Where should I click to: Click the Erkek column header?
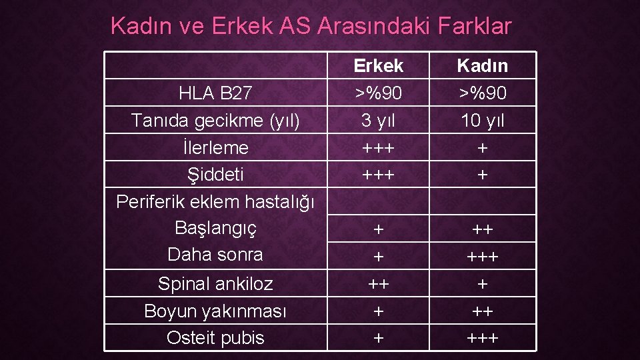[x=378, y=66]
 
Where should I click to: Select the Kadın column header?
[x=482, y=66]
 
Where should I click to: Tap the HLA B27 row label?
[x=215, y=93]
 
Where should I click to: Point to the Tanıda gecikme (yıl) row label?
[x=215, y=121]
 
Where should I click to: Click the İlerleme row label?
[x=215, y=147]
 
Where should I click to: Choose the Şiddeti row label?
[x=215, y=175]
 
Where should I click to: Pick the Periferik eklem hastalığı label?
[x=215, y=201]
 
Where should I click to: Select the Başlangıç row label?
[x=215, y=228]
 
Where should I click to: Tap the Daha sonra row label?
[x=215, y=255]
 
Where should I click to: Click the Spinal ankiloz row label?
[x=215, y=284]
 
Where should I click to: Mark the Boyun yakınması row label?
[x=215, y=311]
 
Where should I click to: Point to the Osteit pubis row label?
[x=215, y=338]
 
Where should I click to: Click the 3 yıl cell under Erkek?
[x=378, y=121]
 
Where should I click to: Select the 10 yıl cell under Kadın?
[x=482, y=121]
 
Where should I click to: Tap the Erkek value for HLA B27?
[x=378, y=93]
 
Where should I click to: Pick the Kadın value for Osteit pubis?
[x=482, y=338]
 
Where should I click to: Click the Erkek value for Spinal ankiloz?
[x=378, y=284]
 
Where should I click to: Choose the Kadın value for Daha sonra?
[x=482, y=257]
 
